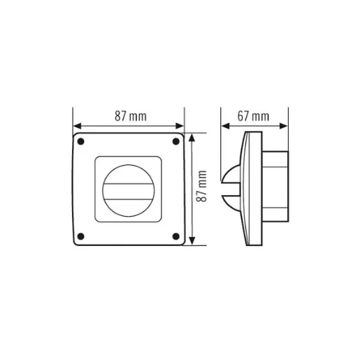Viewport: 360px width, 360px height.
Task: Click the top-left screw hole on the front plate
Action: click(82, 143)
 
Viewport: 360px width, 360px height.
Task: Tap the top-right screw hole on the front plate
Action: click(175, 142)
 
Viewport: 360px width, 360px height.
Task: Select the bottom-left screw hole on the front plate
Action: click(82, 235)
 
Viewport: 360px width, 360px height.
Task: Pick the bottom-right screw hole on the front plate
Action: click(175, 235)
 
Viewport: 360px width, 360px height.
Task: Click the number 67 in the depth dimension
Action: click(244, 117)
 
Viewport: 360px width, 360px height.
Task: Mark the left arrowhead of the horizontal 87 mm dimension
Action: click(76, 127)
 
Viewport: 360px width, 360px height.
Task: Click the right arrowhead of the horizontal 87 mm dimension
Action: click(180, 127)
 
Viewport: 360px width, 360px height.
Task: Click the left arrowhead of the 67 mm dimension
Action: click(225, 127)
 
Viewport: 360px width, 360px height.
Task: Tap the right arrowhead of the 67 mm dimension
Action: click(287, 127)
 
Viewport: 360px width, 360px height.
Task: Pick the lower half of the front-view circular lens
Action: click(128, 202)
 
